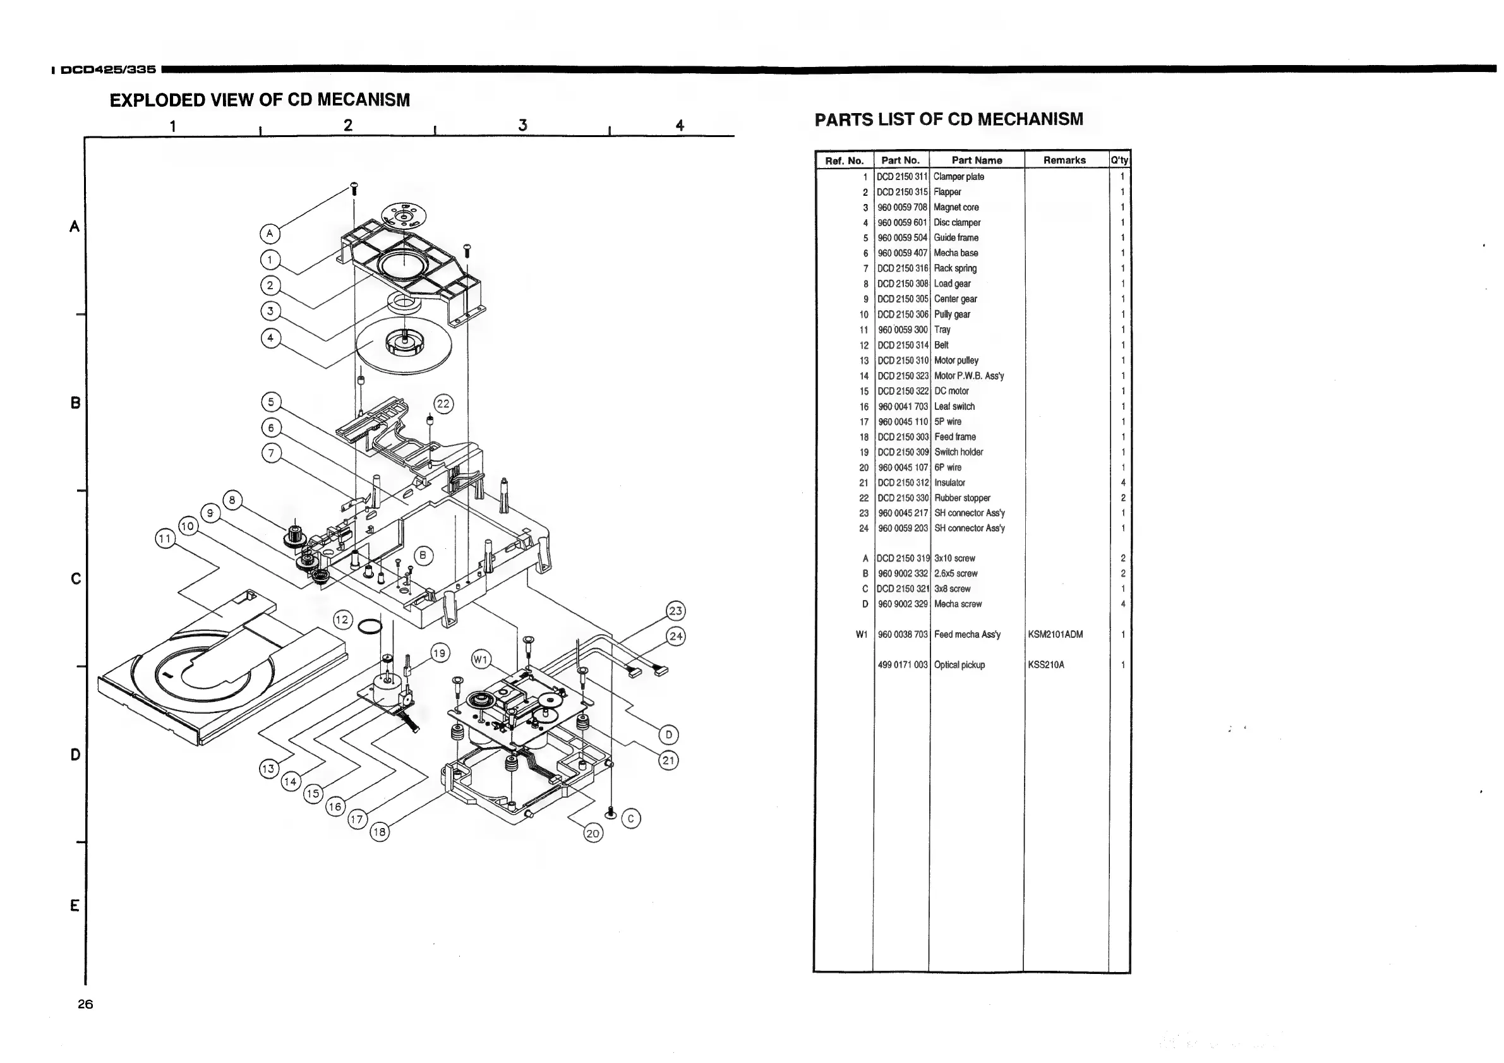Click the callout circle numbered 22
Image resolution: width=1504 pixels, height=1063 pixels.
443,404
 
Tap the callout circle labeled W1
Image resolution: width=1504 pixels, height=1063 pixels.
481,659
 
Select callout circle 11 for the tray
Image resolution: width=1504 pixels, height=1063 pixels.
164,539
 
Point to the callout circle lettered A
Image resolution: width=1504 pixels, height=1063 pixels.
269,234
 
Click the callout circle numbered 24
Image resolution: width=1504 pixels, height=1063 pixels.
675,636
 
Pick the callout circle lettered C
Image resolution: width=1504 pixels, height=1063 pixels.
631,819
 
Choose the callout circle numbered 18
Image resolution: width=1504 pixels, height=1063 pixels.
379,832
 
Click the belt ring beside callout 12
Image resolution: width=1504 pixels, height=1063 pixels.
370,627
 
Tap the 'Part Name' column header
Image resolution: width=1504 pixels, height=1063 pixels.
976,160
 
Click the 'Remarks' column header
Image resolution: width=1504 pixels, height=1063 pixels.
1064,160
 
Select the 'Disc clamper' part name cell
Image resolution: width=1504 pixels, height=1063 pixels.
957,223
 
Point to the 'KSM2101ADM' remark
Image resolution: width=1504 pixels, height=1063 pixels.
1056,635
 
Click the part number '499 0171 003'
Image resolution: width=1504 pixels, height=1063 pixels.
903,665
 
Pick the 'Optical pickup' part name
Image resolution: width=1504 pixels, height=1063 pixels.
959,665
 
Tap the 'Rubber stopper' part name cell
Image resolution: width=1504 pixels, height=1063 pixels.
962,498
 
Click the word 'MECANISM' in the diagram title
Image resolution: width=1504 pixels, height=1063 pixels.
364,100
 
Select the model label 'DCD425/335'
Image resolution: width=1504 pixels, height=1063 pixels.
108,69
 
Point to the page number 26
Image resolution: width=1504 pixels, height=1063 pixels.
85,1004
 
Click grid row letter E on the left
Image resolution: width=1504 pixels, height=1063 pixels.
75,906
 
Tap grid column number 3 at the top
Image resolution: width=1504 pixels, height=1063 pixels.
522,125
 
